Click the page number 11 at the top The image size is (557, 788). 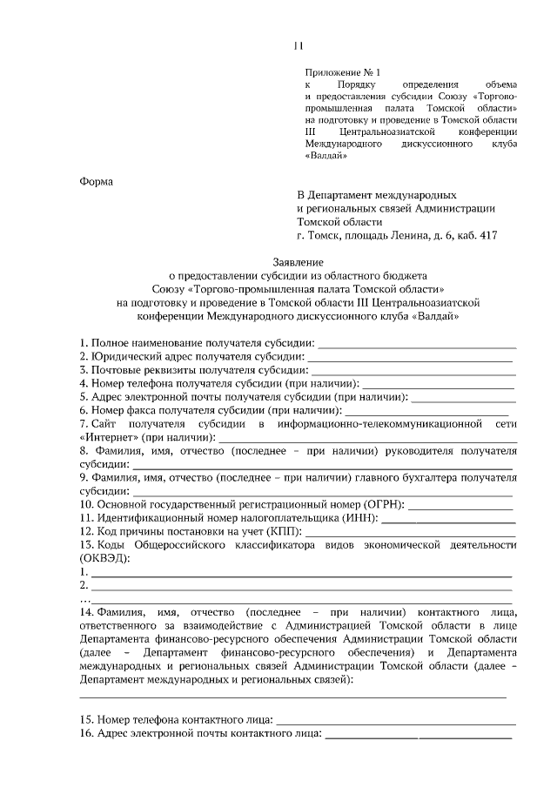pyautogui.click(x=297, y=47)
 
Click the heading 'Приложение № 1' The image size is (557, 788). pyautogui.click(x=343, y=71)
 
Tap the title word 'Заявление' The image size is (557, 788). pyautogui.click(x=297, y=261)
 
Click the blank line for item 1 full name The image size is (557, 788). pyautogui.click(x=418, y=347)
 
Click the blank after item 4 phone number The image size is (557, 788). pyautogui.click(x=438, y=384)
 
